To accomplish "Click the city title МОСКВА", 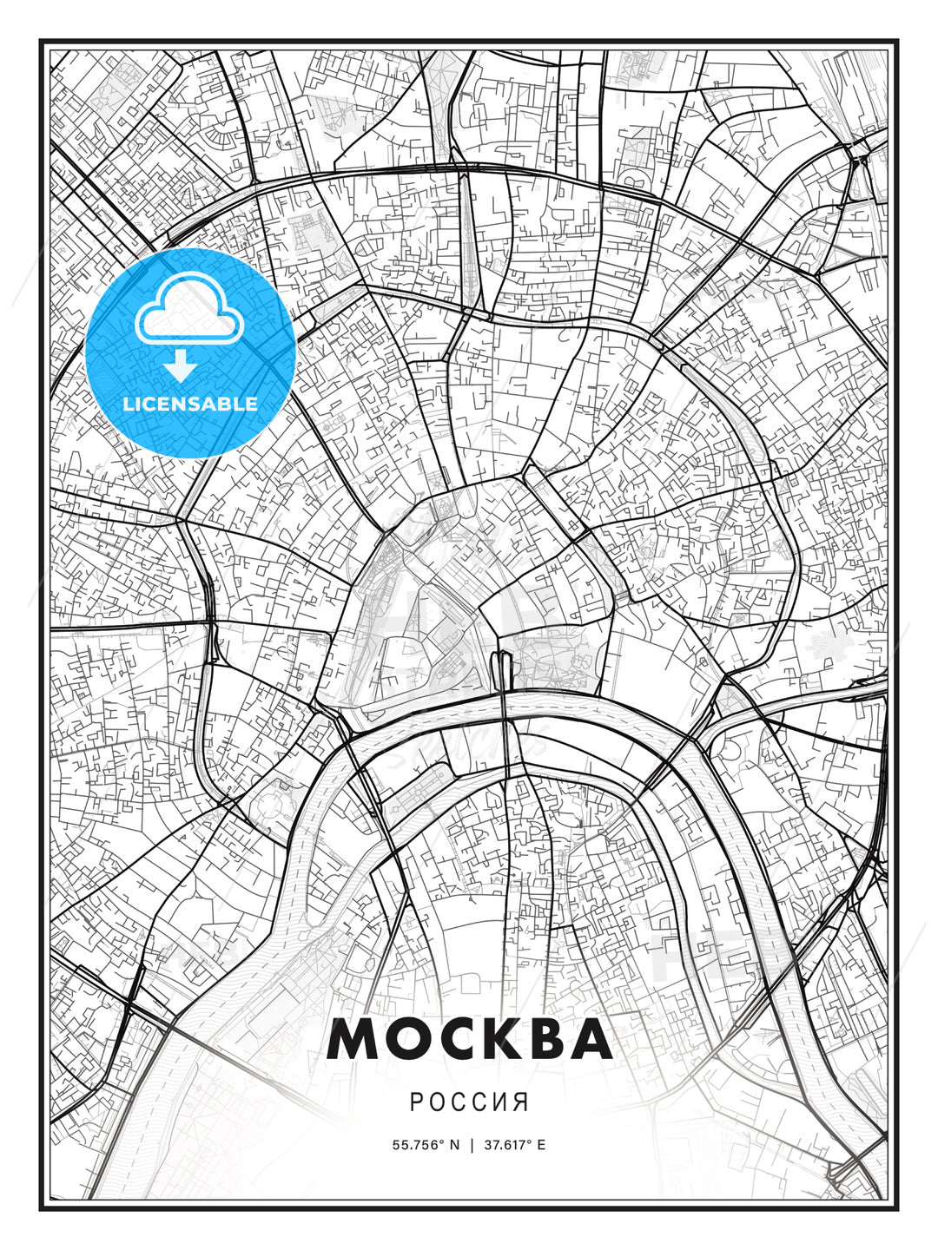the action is pyautogui.click(x=469, y=1040).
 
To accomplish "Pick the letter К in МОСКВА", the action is pyautogui.click(x=505, y=1040).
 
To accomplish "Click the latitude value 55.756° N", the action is pyautogui.click(x=426, y=1145).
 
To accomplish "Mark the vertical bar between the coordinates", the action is pyautogui.click(x=472, y=1145).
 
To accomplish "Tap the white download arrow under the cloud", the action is pyautogui.click(x=181, y=366).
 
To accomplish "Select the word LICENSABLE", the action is pyautogui.click(x=190, y=404).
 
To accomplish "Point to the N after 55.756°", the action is pyautogui.click(x=453, y=1145).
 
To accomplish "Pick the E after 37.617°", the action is pyautogui.click(x=542, y=1145).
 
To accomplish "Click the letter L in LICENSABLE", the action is pyautogui.click(x=129, y=404).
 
